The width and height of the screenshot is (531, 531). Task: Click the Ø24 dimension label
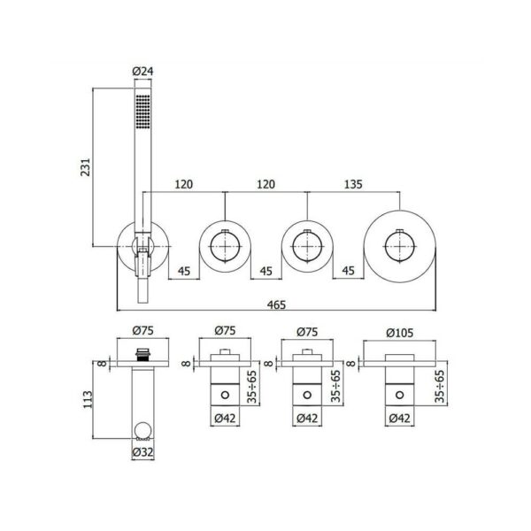142,72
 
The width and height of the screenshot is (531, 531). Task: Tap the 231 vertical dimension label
86,167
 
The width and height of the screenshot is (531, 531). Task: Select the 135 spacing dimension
353,184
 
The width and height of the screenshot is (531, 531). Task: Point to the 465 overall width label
276,304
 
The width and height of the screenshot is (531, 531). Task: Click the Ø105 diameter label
400,333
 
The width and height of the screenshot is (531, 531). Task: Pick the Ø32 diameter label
142,452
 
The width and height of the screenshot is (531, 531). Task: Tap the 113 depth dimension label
88,400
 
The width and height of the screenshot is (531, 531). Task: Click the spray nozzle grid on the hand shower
142,112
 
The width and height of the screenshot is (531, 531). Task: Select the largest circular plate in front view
400,247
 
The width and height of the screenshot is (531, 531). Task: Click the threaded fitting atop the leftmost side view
142,354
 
